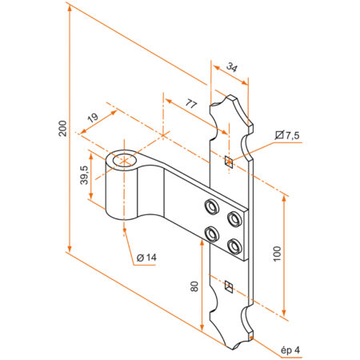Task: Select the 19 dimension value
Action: (x=92, y=119)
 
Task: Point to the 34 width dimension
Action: (x=232, y=68)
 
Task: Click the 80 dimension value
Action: (x=194, y=287)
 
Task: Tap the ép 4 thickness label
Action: (x=290, y=350)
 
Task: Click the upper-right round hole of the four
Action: (x=234, y=218)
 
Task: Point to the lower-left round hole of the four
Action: (x=212, y=234)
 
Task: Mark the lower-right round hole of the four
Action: (x=235, y=244)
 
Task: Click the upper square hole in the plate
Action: (x=228, y=162)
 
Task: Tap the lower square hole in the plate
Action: (x=228, y=286)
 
